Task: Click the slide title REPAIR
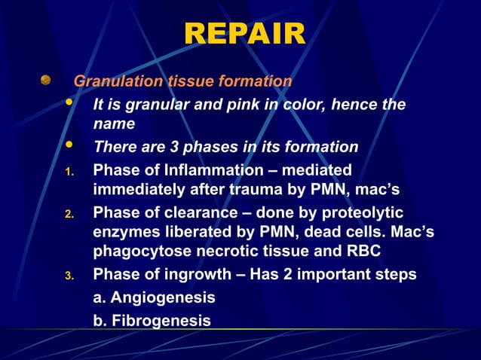point(244,35)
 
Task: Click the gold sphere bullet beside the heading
point(46,80)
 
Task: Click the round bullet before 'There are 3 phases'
point(70,145)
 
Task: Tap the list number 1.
point(69,172)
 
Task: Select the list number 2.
point(69,215)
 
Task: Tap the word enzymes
point(125,233)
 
